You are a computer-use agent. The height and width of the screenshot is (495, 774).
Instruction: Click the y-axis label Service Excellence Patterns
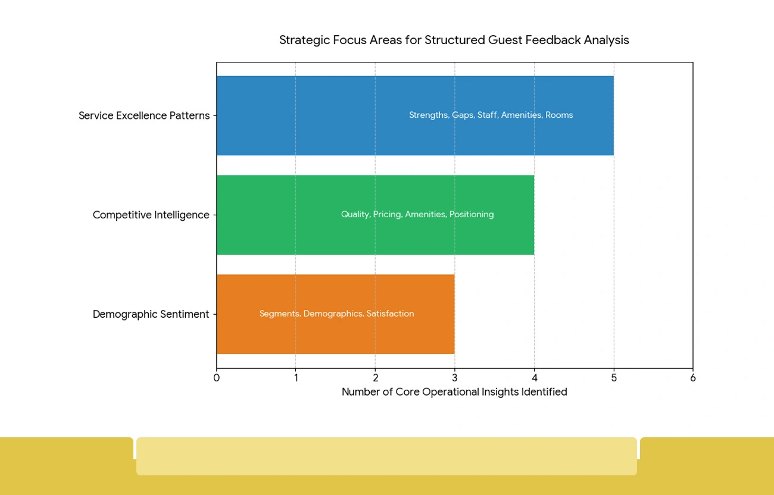pos(144,115)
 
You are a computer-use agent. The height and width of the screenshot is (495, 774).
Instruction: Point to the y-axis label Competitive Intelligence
pos(151,215)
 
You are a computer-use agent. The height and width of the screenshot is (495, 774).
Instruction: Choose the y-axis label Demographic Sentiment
pos(151,314)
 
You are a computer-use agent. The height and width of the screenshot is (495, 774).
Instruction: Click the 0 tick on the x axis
pos(216,378)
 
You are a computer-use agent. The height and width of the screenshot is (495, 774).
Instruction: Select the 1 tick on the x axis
pos(296,378)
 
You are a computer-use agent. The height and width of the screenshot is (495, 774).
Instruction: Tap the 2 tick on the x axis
pos(375,378)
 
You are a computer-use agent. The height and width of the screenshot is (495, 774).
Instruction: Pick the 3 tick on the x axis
pos(455,378)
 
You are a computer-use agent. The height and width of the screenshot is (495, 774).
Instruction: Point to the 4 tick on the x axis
pos(534,378)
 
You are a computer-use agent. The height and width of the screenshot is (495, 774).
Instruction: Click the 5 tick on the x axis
pos(614,378)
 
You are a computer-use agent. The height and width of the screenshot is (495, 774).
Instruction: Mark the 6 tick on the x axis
pos(692,378)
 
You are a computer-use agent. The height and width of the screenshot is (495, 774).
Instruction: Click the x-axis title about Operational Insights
pos(454,392)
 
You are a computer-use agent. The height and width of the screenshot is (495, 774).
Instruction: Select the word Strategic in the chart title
pos(304,40)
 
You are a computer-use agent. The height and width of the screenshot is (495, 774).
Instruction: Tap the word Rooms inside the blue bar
pos(559,115)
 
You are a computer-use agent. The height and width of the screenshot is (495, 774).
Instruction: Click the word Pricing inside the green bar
pos(387,215)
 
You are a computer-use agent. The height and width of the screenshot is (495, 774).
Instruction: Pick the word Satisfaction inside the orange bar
pos(390,314)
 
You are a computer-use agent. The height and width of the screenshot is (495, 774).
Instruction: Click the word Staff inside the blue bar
pos(487,115)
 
